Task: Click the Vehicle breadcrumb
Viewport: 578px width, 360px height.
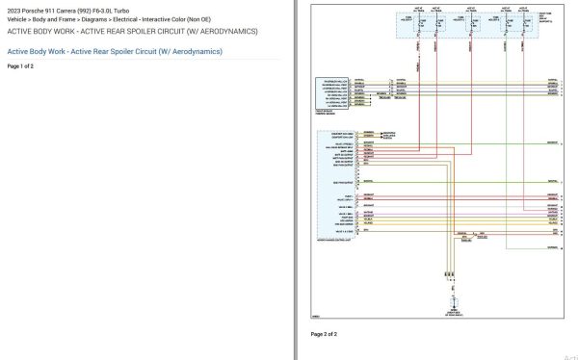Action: point(18,20)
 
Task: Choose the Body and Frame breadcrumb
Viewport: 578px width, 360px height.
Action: point(62,20)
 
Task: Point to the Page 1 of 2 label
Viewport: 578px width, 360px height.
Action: point(20,66)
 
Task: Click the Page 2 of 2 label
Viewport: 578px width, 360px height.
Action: point(324,334)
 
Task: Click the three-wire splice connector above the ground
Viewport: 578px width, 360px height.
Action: point(449,275)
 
